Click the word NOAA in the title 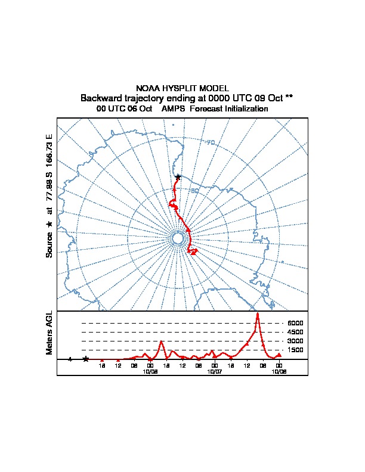point(148,88)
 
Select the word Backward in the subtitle point(100,98)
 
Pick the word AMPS point(173,109)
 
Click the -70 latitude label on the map point(210,142)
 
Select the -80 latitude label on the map point(194,191)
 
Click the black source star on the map point(178,177)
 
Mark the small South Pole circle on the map point(177,238)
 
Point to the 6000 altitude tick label point(295,323)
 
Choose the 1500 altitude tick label point(295,350)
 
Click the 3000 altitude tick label point(295,341)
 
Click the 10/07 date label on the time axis point(215,371)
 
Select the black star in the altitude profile point(86,359)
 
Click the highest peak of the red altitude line point(258,313)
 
